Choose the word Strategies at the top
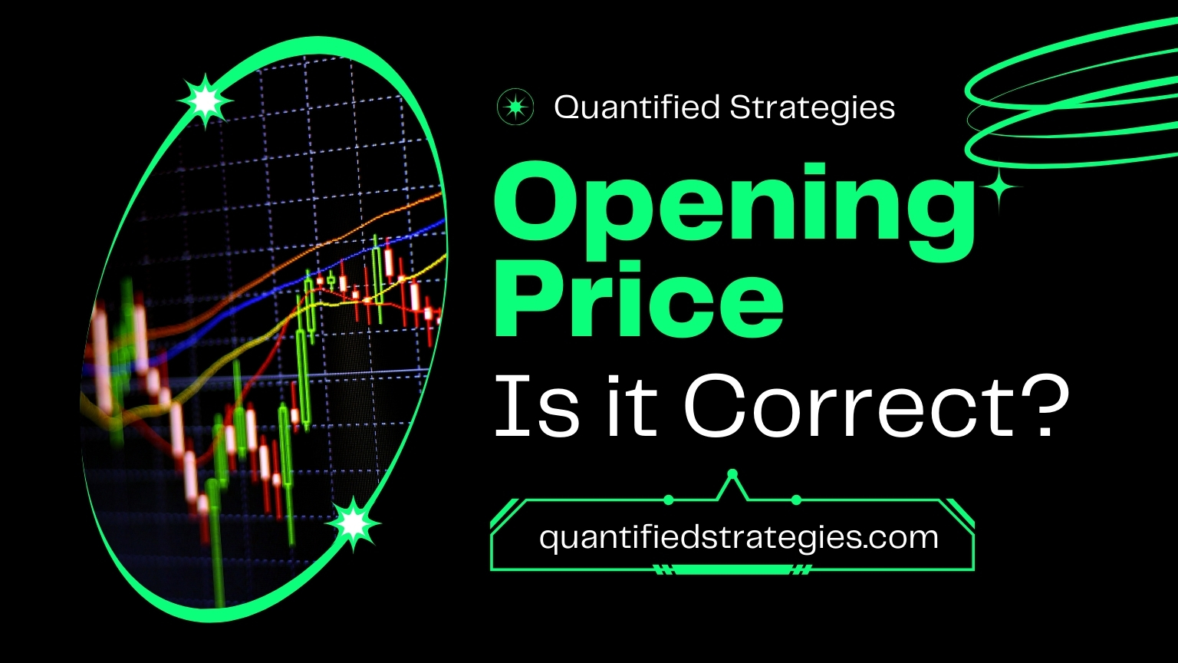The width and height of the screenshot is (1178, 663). click(812, 107)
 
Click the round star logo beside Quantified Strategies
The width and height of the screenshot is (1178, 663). click(515, 107)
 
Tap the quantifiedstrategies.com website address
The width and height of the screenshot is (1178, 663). click(739, 537)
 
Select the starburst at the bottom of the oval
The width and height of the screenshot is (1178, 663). click(353, 523)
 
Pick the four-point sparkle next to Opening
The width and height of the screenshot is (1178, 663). click(999, 188)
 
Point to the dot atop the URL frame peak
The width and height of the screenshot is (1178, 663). click(732, 473)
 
